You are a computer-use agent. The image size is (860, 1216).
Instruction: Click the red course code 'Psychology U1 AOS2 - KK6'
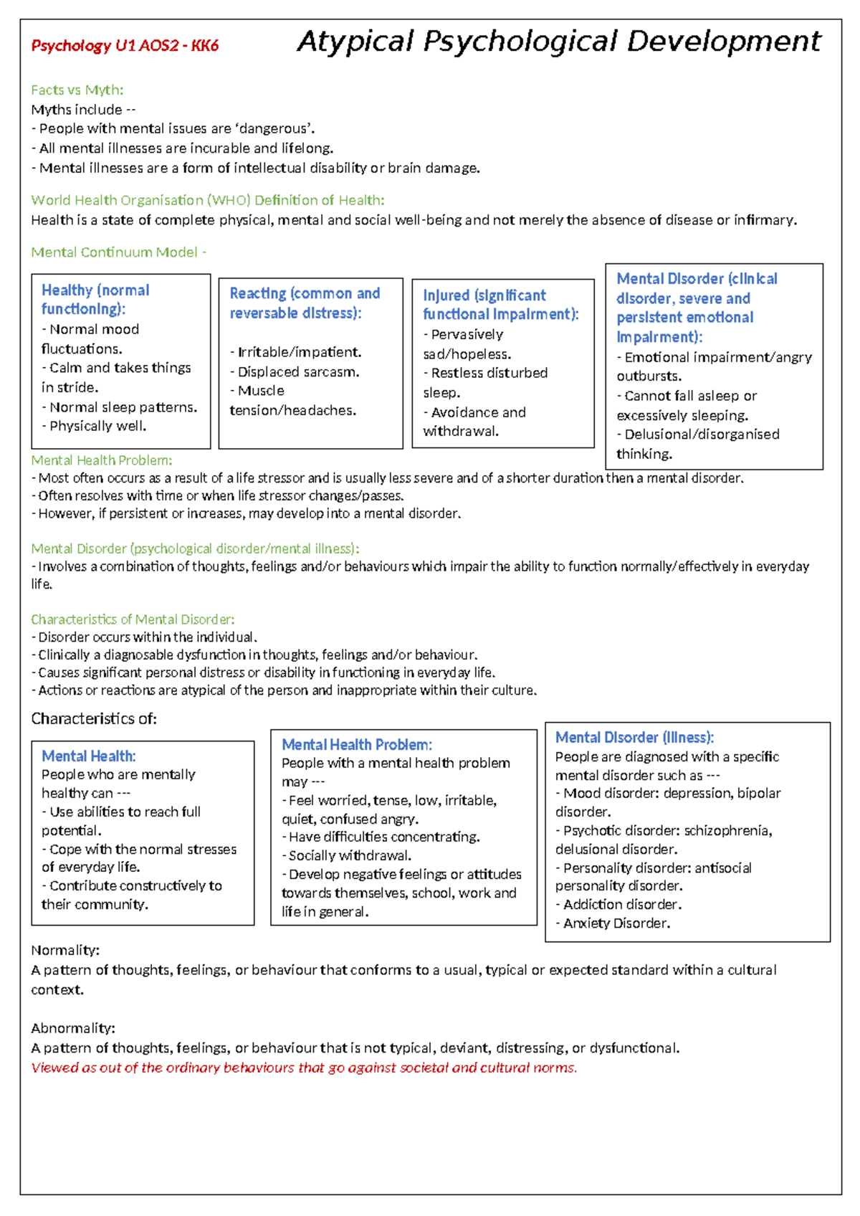125,46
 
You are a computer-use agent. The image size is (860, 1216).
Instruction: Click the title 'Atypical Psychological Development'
558,42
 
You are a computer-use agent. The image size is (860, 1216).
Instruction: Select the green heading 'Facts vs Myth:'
77,90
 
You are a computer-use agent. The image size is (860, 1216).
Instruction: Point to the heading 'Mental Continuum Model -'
118,252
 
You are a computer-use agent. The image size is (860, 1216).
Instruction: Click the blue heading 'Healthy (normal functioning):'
95,300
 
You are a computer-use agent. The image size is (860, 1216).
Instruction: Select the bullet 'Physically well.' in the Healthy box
97,426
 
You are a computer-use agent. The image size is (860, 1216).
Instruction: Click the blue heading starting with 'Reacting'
304,303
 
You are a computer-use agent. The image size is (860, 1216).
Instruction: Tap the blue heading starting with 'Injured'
500,305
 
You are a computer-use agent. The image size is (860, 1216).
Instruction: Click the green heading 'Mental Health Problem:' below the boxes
101,460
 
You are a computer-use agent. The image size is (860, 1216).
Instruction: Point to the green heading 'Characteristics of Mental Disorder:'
133,619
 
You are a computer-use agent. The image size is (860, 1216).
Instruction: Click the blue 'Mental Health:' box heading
88,756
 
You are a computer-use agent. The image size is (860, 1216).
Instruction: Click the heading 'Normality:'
64,950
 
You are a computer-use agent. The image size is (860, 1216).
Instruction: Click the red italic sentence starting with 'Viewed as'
304,1068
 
